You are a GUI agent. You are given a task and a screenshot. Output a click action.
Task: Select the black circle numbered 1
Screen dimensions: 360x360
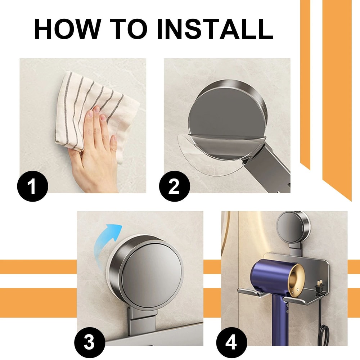click(32, 187)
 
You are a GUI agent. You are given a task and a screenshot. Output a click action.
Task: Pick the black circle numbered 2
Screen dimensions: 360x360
click(174, 187)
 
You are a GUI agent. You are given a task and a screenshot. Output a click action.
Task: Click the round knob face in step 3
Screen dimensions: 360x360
click(151, 270)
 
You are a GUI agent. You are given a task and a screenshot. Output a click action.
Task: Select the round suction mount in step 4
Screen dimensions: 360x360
click(292, 227)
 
